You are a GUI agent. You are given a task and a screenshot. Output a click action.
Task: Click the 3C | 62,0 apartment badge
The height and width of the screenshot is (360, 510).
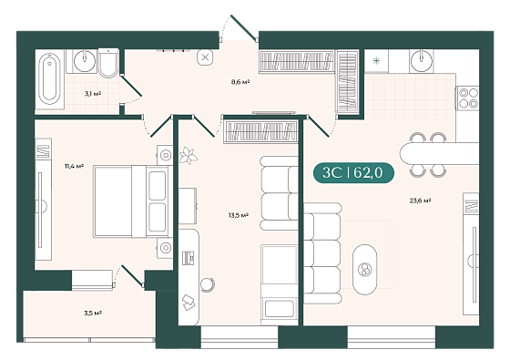353,172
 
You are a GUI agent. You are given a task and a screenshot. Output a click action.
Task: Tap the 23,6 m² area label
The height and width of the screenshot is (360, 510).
420,201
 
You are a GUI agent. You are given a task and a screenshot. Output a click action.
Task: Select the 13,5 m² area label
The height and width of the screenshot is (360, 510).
239,215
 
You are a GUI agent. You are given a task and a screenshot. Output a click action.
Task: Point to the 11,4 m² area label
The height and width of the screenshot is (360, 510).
74,166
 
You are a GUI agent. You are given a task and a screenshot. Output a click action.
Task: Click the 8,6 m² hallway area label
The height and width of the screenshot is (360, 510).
240,82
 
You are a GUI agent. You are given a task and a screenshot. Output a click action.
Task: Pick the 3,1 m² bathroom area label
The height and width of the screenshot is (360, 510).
93,94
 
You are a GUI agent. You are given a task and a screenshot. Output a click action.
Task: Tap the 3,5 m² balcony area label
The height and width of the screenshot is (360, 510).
93,314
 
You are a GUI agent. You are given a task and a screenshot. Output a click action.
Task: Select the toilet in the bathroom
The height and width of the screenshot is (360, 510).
108,63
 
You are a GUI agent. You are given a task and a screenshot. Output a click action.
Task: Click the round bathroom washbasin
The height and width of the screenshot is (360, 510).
85,60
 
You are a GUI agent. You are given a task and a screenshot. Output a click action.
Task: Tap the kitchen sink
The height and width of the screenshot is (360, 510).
422,60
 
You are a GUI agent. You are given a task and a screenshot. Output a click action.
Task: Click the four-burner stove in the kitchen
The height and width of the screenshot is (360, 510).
468,98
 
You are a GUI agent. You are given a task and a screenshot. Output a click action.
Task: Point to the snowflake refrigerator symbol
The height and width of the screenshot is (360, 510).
376,60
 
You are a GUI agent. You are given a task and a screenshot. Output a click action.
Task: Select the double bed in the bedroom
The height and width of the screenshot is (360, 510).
133,201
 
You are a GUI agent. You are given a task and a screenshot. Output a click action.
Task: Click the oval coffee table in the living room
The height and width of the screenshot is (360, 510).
365,270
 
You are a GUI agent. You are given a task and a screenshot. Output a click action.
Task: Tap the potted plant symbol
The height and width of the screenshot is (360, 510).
189,155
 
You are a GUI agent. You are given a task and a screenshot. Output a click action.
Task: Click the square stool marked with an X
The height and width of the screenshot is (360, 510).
205,58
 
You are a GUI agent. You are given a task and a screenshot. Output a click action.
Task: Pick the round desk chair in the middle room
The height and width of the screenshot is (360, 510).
208,284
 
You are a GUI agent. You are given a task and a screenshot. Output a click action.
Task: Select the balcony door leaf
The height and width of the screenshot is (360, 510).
132,276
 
